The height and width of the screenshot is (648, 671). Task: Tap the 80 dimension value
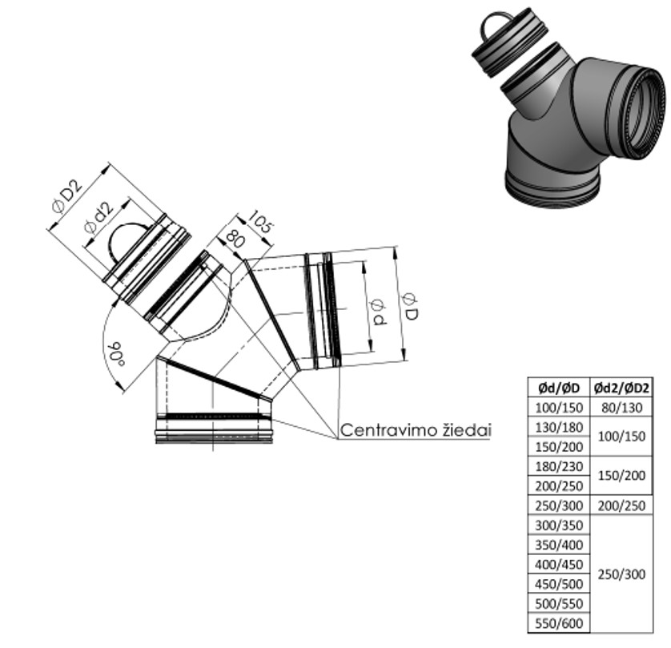pyautogui.click(x=235, y=238)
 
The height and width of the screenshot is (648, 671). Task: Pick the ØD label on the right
pyautogui.click(x=411, y=305)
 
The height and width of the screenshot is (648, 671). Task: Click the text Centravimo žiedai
pyautogui.click(x=416, y=430)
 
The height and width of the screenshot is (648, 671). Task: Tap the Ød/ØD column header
pyautogui.click(x=558, y=388)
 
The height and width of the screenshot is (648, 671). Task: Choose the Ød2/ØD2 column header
pyautogui.click(x=621, y=388)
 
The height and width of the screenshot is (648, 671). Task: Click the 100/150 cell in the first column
pyautogui.click(x=558, y=408)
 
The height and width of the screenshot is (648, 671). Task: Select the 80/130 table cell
pyautogui.click(x=621, y=408)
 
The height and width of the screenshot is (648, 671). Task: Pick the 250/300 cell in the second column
pyautogui.click(x=621, y=574)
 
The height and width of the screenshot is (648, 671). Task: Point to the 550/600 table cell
pyautogui.click(x=558, y=623)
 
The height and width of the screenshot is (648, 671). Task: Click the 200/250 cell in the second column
pyautogui.click(x=621, y=506)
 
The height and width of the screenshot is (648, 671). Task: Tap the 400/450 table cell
pyautogui.click(x=558, y=565)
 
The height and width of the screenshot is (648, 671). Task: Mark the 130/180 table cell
pyautogui.click(x=558, y=427)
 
